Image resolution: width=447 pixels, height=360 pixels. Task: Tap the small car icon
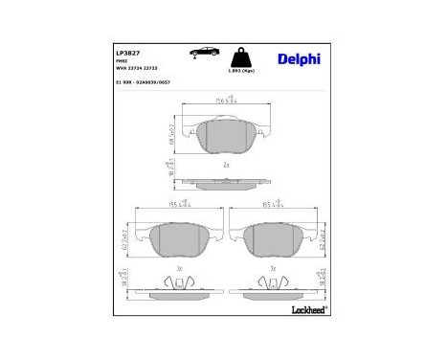click(x=205, y=52)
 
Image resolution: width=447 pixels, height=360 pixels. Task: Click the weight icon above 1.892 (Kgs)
click(x=246, y=54)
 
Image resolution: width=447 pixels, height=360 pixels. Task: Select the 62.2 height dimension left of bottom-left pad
click(x=125, y=243)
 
